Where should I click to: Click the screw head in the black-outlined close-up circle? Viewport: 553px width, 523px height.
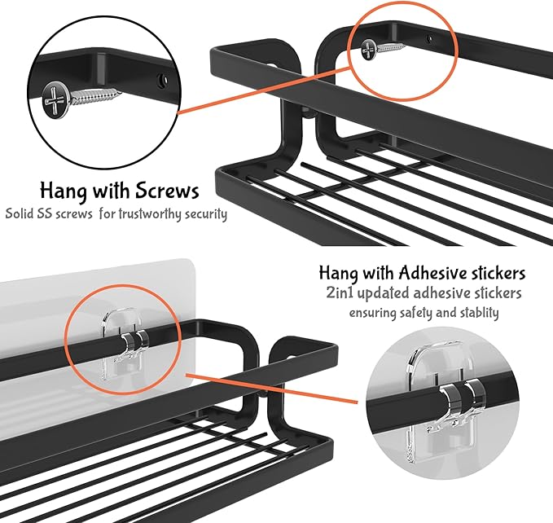click(x=55, y=101)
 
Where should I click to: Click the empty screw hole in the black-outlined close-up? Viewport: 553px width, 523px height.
click(x=162, y=81)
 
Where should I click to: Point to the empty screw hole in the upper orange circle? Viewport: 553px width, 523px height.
click(x=428, y=38)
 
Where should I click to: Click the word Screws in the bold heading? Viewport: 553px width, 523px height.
click(x=167, y=191)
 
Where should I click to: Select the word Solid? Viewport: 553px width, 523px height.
click(x=20, y=213)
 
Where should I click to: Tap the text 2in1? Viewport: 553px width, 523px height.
click(x=340, y=293)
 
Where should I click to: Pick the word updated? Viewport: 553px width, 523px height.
click(x=384, y=293)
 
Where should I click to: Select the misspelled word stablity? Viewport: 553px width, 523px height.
click(x=479, y=313)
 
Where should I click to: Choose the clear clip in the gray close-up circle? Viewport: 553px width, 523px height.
click(x=448, y=400)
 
